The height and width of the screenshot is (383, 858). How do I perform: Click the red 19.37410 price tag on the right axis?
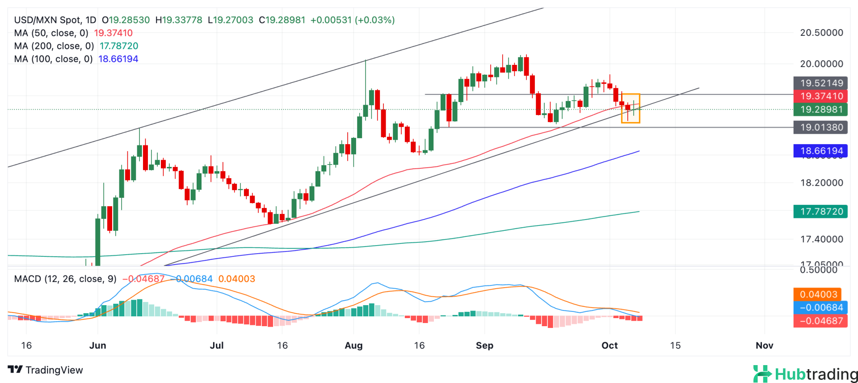coord(820,96)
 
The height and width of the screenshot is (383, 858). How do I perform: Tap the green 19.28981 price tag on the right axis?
coord(820,110)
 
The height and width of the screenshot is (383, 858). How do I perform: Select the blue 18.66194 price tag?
coord(820,151)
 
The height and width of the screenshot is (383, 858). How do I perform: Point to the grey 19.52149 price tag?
coord(820,83)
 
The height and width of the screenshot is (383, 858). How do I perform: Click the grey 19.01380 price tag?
coord(820,128)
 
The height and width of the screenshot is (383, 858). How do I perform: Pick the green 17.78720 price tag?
coord(820,212)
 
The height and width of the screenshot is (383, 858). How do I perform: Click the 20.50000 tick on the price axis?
coord(821,33)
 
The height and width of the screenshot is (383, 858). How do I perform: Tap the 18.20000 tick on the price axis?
coord(821,183)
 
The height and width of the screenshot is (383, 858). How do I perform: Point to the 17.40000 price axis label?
coord(821,239)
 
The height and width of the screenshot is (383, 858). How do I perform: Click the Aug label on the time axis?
coord(353,345)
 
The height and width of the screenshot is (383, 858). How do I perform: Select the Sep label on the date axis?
coord(484,345)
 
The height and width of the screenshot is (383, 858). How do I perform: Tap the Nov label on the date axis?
coord(764,345)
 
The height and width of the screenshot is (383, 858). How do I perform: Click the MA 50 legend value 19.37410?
coord(113,33)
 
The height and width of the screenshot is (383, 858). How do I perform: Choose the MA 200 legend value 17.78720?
coord(119,46)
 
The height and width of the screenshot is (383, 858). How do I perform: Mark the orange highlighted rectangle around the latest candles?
coord(631,108)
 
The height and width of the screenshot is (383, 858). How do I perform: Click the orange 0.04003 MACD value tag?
coord(817,294)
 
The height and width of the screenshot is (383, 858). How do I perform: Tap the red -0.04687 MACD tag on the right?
coord(820,321)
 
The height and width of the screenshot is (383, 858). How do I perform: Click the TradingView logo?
coord(46,370)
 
